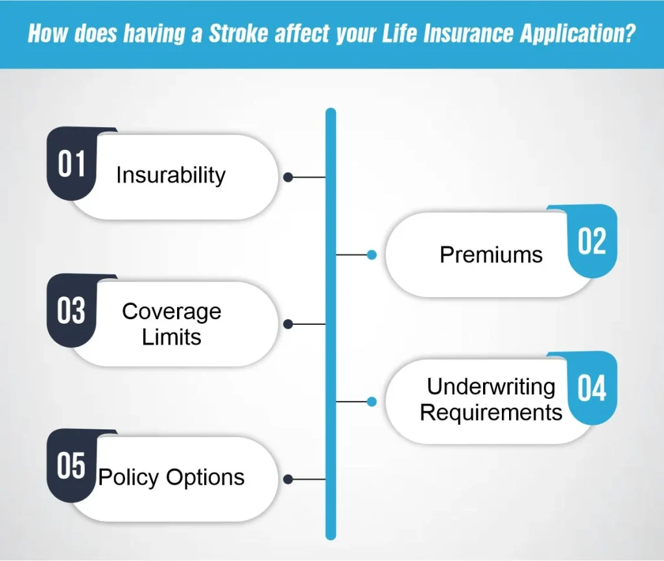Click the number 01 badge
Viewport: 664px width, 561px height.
click(x=71, y=163)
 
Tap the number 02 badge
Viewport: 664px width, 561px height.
click(x=592, y=241)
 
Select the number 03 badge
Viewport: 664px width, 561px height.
click(x=71, y=311)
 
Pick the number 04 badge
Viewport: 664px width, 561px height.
click(x=592, y=388)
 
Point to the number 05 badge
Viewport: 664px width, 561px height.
click(x=71, y=466)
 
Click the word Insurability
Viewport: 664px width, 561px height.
click(x=171, y=175)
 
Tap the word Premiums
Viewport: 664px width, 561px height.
click(x=492, y=255)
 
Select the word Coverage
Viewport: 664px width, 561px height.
click(x=171, y=312)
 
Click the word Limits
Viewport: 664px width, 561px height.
click(x=171, y=337)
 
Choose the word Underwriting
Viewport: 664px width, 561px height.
click(x=491, y=387)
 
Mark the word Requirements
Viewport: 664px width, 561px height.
click(x=492, y=412)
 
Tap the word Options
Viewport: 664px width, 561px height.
click(x=206, y=477)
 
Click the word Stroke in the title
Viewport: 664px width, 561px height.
click(x=239, y=34)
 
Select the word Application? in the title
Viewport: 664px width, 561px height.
click(x=578, y=34)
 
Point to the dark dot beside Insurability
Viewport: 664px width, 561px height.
click(x=289, y=177)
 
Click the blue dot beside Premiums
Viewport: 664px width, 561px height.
click(x=372, y=255)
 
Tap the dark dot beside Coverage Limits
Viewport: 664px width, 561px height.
click(x=289, y=324)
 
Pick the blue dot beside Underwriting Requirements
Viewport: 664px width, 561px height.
click(x=372, y=401)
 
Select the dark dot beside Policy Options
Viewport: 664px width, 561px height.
click(x=289, y=479)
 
